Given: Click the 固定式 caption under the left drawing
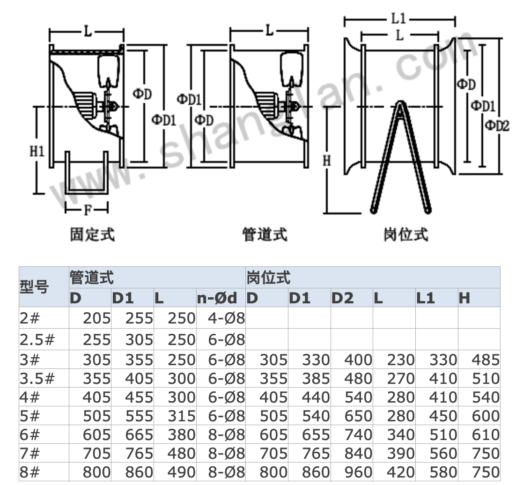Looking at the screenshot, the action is pyautogui.click(x=92, y=235).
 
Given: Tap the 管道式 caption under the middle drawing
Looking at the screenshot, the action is pyautogui.click(x=265, y=235).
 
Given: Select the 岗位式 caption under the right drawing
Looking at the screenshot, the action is pyautogui.click(x=406, y=235).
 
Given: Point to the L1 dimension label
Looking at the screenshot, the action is pyautogui.click(x=399, y=19).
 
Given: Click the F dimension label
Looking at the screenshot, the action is pyautogui.click(x=88, y=210).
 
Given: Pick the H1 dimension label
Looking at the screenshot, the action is pyautogui.click(x=37, y=151).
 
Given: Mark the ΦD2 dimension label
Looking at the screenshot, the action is pyautogui.click(x=497, y=125).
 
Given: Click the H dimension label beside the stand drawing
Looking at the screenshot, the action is pyautogui.click(x=327, y=161).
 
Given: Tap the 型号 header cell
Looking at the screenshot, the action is pyautogui.click(x=34, y=287).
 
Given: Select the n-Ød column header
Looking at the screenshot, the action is pyautogui.click(x=217, y=298).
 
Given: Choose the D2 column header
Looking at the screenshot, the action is pyautogui.click(x=343, y=298).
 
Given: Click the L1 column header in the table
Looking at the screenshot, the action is pyautogui.click(x=426, y=298).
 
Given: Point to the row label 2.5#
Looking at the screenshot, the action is pyautogui.click(x=37, y=340).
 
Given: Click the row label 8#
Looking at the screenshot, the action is pyautogui.click(x=29, y=472).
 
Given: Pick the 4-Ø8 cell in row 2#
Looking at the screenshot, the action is pyautogui.click(x=227, y=318).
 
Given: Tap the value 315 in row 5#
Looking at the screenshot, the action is pyautogui.click(x=182, y=416).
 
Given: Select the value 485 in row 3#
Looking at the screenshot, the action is pyautogui.click(x=486, y=360).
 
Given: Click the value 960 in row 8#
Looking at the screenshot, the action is pyautogui.click(x=358, y=472).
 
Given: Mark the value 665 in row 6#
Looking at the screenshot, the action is pyautogui.click(x=139, y=434).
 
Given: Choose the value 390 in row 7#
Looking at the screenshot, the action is pyautogui.click(x=401, y=453).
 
